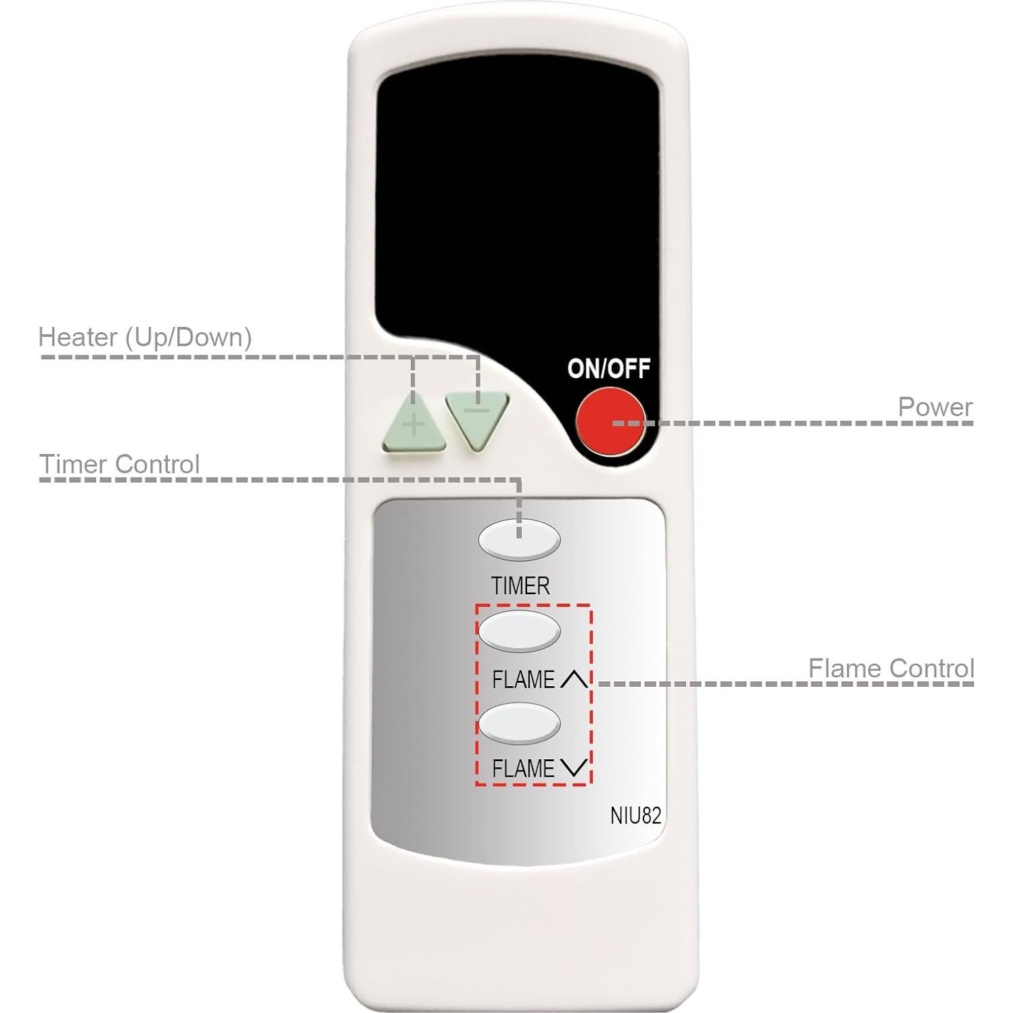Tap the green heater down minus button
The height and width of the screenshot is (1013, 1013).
(476, 417)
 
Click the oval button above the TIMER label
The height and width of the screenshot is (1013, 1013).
(519, 539)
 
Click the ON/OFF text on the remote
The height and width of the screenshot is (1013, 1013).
(608, 369)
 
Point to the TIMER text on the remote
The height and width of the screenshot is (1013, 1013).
(520, 586)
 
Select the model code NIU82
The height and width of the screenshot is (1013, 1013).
(635, 815)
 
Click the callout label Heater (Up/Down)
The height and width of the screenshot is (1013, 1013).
(145, 337)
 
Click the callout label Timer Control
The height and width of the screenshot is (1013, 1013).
(119, 464)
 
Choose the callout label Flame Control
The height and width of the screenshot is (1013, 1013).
(891, 669)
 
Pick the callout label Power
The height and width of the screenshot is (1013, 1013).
(935, 407)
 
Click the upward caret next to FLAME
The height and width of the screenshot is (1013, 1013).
(575, 679)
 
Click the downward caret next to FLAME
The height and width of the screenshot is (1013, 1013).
(575, 768)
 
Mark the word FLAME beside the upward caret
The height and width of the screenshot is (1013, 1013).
(523, 679)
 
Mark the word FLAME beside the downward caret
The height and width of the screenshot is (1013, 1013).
(523, 769)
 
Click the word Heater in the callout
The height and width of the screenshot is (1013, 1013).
(77, 337)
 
